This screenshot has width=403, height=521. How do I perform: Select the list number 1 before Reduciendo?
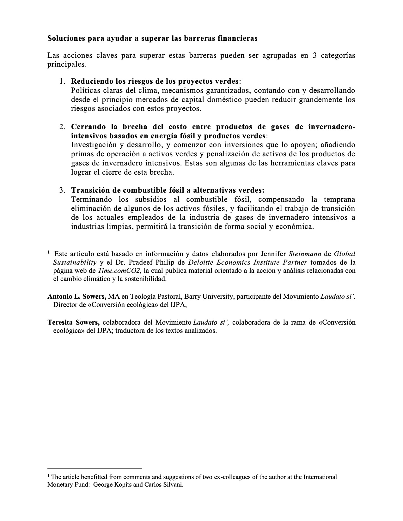[x=62, y=81]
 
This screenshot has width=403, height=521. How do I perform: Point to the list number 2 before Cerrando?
[x=62, y=127]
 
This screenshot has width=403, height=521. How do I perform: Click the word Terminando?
[x=92, y=200]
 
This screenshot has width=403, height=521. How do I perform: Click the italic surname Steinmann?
[x=305, y=254]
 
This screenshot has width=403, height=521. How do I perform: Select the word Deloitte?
[x=199, y=262]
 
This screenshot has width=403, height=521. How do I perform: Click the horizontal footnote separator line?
[x=95, y=468]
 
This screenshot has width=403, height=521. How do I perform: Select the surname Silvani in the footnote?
[x=173, y=485]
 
